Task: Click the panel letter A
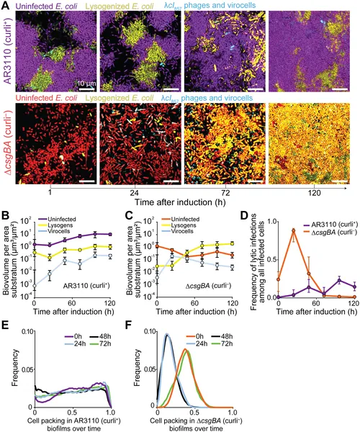point(6,6)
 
